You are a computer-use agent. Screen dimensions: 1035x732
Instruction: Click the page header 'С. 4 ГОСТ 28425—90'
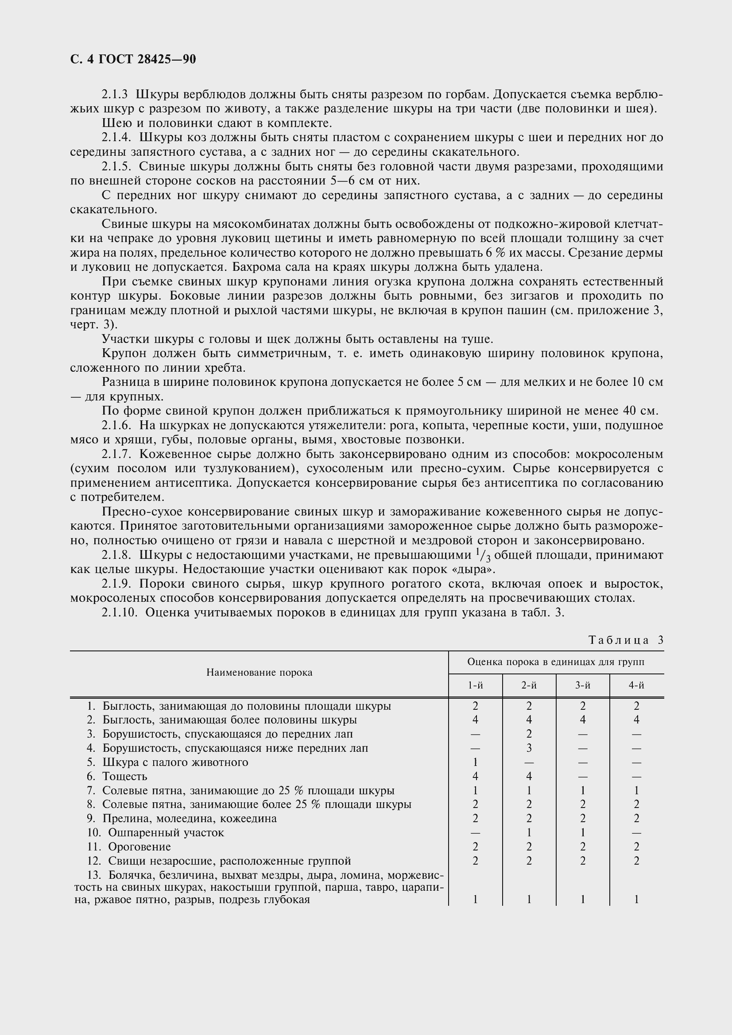[133, 59]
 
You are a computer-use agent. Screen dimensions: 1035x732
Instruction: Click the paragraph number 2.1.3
[115, 95]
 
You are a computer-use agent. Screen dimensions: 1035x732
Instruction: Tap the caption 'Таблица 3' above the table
[626, 641]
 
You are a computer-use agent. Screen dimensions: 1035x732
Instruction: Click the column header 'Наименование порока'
[259, 673]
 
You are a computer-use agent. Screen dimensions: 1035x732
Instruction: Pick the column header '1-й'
[475, 685]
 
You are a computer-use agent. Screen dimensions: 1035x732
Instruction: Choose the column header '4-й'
[636, 685]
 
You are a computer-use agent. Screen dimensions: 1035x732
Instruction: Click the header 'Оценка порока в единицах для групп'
[556, 662]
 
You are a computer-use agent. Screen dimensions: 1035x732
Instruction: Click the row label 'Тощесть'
[125, 776]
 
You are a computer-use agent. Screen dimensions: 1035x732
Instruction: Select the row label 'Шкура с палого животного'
[175, 762]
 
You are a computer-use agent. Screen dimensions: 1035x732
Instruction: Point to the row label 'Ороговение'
[140, 846]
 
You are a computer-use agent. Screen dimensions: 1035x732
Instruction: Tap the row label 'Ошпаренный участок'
[166, 833]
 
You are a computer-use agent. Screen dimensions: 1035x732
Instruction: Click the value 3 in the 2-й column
[529, 748]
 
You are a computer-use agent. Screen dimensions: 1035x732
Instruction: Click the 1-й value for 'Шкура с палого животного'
[475, 762]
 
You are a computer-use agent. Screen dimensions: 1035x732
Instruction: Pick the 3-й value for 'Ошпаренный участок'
[583, 833]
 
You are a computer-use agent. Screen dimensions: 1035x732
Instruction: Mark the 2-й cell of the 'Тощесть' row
[529, 776]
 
